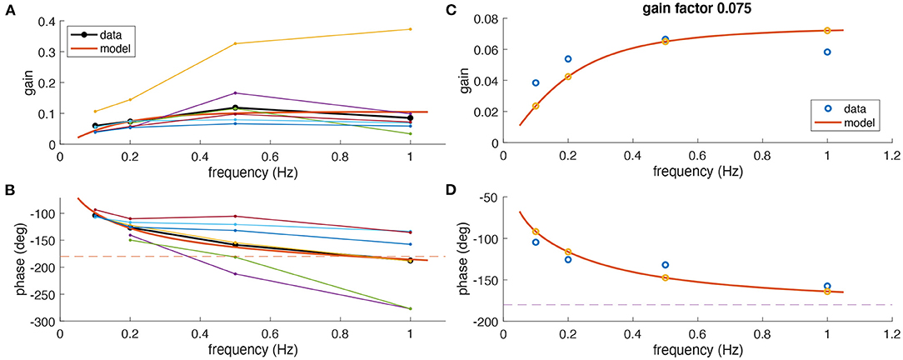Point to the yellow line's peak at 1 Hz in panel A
(x=410, y=29)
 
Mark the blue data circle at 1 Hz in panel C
(x=827, y=52)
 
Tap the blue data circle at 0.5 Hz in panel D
(x=665, y=265)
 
